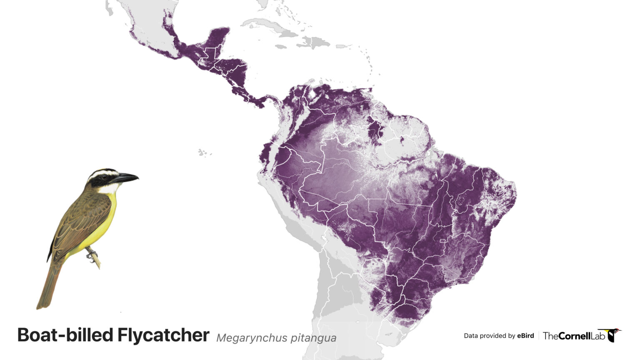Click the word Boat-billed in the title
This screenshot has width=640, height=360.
[x=65, y=335]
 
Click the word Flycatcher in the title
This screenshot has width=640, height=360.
[x=163, y=335]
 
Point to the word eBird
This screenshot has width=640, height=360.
[x=525, y=336]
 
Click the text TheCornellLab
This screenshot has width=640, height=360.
[x=574, y=336]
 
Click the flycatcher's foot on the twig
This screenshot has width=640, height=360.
[x=91, y=254]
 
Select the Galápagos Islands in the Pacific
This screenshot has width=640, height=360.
[x=203, y=153]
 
